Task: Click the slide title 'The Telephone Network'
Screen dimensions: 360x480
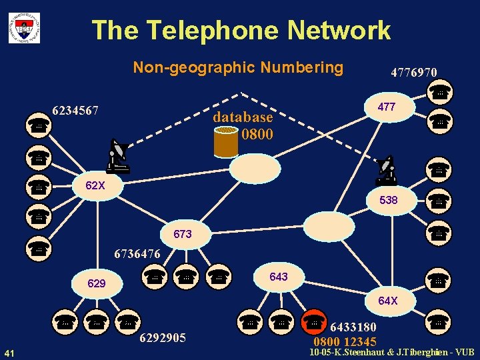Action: coord(241,30)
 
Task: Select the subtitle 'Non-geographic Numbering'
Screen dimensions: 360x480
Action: coord(238,67)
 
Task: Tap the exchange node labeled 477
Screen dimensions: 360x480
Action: coord(387,107)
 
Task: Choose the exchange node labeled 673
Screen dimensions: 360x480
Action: coord(182,234)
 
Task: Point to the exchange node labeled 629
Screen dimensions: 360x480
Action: coord(97,284)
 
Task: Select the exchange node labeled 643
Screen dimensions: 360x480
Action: coord(279,276)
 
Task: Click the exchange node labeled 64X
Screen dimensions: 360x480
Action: coord(388,301)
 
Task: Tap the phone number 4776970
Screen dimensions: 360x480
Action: coord(414,71)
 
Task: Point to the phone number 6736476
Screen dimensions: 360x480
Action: coord(137,254)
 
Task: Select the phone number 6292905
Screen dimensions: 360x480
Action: coord(163,337)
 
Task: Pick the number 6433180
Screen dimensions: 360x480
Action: coord(353,327)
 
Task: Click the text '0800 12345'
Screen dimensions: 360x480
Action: coord(345,342)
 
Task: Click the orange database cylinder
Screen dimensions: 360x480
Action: coord(226,141)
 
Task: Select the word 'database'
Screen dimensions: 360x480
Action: coord(243,117)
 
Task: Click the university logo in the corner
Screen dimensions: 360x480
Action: coord(24,27)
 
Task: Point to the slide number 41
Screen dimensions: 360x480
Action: coord(10,352)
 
